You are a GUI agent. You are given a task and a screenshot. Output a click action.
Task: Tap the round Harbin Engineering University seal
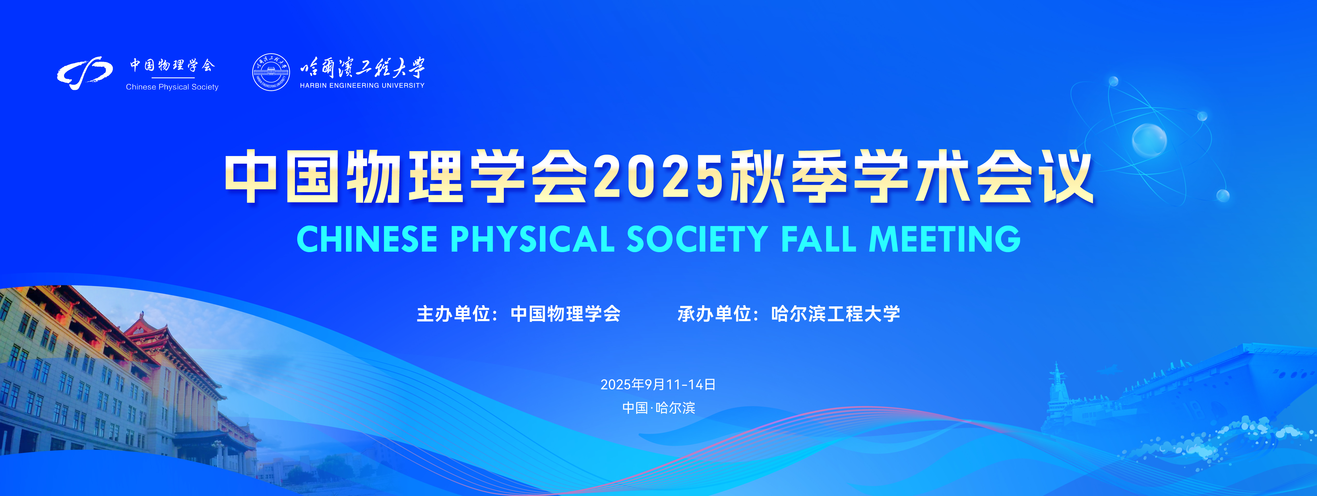coord(271,72)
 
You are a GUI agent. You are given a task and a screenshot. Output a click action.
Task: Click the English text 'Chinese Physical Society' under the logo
coord(172,87)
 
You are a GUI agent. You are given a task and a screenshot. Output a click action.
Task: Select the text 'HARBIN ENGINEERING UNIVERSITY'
coord(362,86)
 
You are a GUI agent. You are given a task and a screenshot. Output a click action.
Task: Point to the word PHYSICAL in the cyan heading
coord(532,239)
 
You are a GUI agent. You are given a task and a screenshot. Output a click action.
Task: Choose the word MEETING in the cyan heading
coord(945,239)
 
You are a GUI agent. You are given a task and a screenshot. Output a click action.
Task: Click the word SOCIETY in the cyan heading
coord(697,239)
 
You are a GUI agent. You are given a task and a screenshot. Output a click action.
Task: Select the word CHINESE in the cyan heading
coord(367,239)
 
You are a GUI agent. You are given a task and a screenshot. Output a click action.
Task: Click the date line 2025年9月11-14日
coord(658,384)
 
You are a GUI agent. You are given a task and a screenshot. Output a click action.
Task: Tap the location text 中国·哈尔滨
coord(658,408)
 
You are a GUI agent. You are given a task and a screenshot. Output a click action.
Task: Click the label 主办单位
coord(453,313)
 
